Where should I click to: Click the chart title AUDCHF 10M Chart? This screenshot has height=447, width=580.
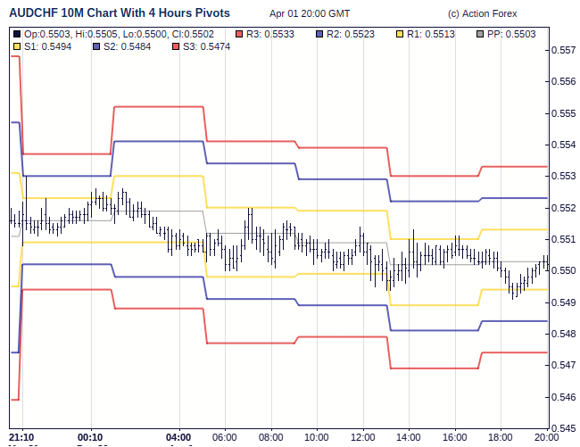pyautogui.click(x=119, y=13)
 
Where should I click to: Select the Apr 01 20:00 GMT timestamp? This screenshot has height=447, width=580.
pyautogui.click(x=310, y=14)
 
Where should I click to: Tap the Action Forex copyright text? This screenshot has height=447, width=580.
pyautogui.click(x=483, y=14)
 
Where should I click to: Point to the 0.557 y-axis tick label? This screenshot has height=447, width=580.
pyautogui.click(x=562, y=51)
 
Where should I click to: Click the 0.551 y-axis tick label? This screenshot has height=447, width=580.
pyautogui.click(x=562, y=239)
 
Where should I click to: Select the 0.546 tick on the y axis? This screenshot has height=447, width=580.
pyautogui.click(x=562, y=397)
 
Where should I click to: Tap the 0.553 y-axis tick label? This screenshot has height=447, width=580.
pyautogui.click(x=562, y=177)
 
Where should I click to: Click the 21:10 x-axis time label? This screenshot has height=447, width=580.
pyautogui.click(x=21, y=436)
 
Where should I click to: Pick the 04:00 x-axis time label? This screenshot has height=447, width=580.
pyautogui.click(x=178, y=436)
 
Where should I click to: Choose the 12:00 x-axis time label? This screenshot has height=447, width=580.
pyautogui.click(x=362, y=436)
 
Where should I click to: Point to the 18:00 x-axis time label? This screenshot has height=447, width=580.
pyautogui.click(x=501, y=436)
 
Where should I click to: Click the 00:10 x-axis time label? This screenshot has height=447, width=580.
pyautogui.click(x=90, y=436)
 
